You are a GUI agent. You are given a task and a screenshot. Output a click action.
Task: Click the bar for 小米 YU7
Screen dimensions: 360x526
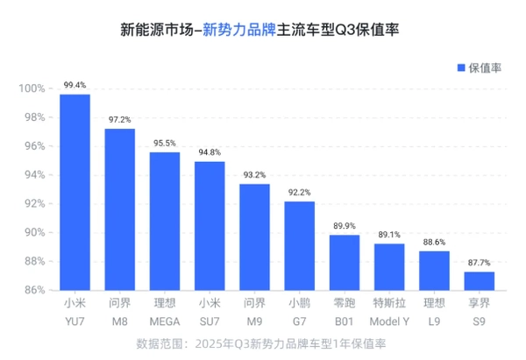(x=75, y=192)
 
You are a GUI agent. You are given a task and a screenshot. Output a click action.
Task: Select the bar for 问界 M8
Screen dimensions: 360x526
(x=120, y=209)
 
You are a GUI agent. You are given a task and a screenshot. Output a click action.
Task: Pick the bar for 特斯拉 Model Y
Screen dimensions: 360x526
(x=389, y=266)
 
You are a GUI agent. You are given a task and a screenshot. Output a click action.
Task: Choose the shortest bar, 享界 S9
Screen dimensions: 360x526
(x=479, y=280)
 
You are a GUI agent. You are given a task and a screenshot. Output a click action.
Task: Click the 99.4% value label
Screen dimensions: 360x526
(x=75, y=85)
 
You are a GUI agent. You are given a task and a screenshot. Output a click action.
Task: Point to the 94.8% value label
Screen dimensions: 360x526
(x=210, y=152)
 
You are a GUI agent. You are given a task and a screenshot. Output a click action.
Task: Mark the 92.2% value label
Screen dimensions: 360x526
(x=299, y=192)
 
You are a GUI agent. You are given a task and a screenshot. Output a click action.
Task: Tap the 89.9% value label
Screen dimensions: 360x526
(x=345, y=225)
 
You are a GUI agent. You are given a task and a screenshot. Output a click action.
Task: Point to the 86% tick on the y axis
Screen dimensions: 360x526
(x=33, y=290)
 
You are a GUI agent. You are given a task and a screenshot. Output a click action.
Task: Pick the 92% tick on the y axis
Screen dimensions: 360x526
(x=33, y=203)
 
